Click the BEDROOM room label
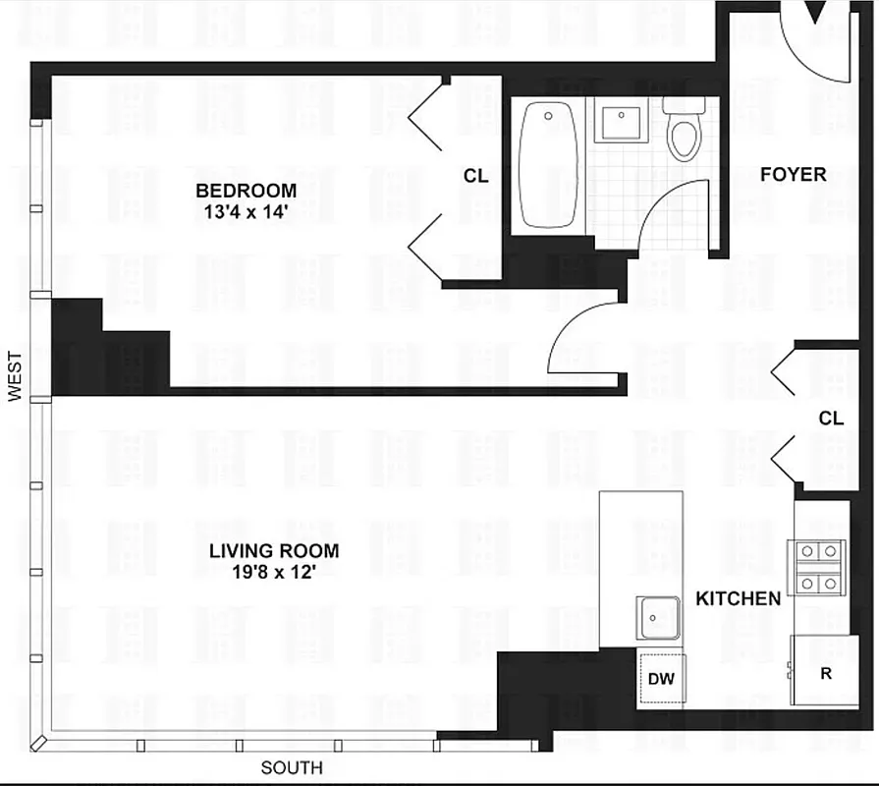click(246, 190)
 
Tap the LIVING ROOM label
click(274, 551)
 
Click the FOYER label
click(793, 175)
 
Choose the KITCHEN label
click(739, 598)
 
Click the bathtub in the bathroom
click(548, 165)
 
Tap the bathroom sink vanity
click(621, 121)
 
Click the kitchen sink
click(657, 618)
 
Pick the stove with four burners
click(817, 568)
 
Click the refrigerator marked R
click(825, 673)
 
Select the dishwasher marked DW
click(661, 679)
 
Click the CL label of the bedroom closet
click(475, 177)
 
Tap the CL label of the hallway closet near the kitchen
click(831, 419)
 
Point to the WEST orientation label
click(15, 377)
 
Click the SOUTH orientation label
click(291, 768)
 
